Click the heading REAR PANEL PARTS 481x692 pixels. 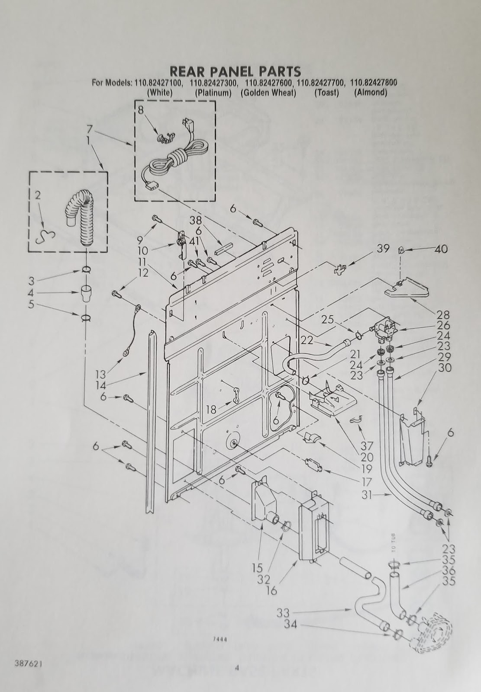235,70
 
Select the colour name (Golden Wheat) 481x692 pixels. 268,93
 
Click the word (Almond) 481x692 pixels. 370,93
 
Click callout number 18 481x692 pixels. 211,409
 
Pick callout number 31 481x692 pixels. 367,496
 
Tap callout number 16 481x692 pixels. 271,590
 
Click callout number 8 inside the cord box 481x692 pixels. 141,110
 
